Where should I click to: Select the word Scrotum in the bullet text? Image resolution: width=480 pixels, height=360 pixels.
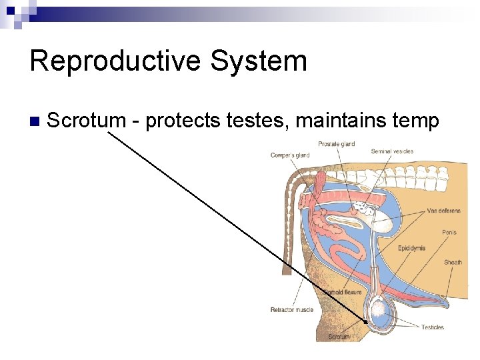(x=87, y=121)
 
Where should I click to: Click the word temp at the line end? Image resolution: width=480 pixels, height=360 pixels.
(x=415, y=121)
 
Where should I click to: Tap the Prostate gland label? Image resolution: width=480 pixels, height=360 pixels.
(x=336, y=143)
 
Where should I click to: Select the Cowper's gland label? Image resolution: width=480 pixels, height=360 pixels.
(x=290, y=155)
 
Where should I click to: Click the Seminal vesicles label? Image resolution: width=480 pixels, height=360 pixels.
(x=392, y=151)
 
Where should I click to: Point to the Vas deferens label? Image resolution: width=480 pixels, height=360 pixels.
(x=443, y=211)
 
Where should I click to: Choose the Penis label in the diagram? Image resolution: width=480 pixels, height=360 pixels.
(x=449, y=233)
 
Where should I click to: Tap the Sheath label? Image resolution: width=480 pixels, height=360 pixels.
(x=453, y=262)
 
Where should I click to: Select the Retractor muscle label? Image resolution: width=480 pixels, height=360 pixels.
(x=291, y=309)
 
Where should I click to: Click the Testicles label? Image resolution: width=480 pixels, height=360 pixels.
(x=433, y=327)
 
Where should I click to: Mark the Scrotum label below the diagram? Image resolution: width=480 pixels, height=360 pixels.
(x=339, y=337)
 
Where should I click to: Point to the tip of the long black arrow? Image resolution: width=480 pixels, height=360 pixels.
(x=366, y=323)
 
